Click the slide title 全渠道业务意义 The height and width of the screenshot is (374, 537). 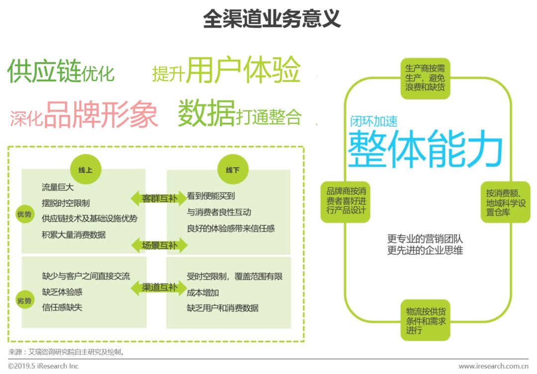pos(271,19)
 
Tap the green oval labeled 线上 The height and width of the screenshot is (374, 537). pos(82,170)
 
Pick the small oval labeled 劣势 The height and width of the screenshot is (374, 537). pos(24,301)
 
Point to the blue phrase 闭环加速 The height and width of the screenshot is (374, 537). pos(373,120)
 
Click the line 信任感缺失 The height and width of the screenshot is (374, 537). pos(62,307)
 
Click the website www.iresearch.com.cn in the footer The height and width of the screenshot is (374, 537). pos(493,366)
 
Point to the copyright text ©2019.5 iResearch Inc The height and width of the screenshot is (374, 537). pos(43,366)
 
